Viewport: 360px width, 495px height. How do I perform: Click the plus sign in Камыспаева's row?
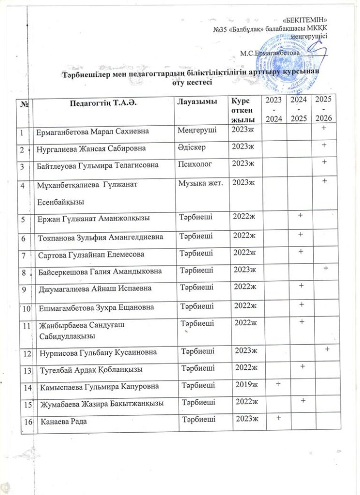tap(278, 383)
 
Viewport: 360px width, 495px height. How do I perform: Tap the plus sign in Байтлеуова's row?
tap(325, 162)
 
